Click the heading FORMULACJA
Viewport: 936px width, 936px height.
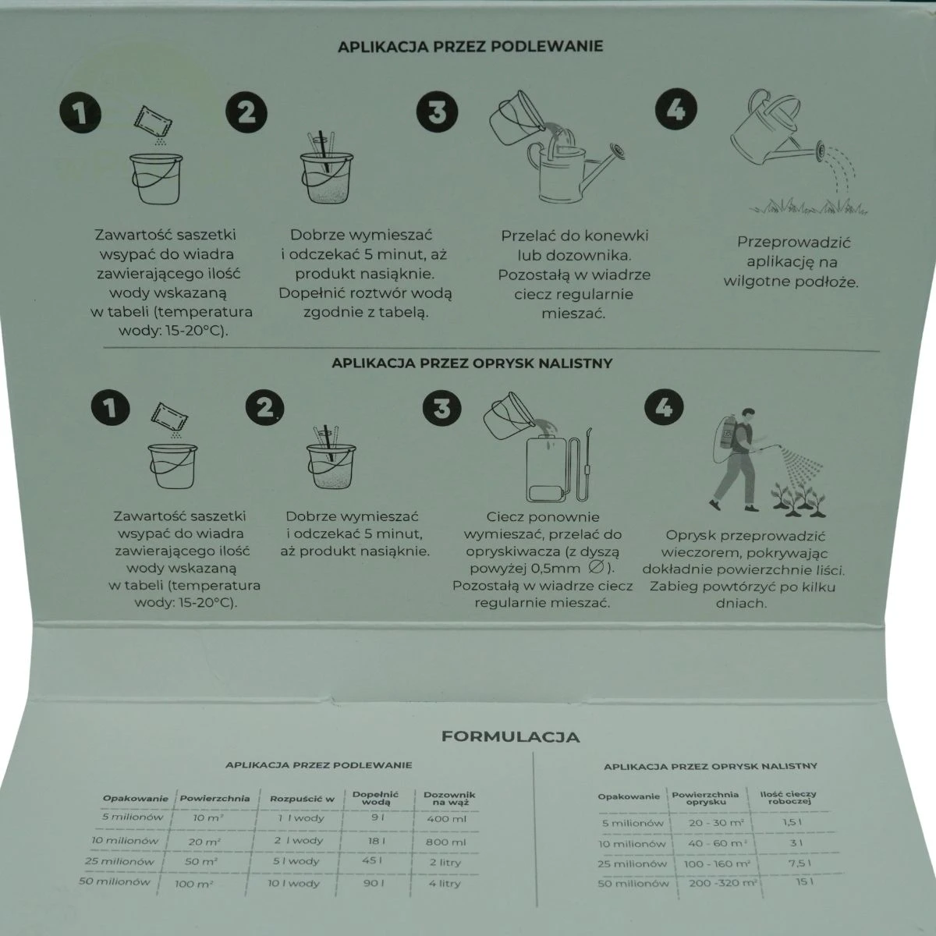510,737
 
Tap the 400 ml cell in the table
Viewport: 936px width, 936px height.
446,819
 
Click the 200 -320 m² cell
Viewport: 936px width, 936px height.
723,882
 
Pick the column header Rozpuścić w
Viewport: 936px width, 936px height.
302,799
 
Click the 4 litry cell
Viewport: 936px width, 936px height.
445,883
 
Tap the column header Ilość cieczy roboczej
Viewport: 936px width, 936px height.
788,797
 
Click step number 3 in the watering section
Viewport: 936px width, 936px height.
437,112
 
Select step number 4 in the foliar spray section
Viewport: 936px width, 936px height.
664,406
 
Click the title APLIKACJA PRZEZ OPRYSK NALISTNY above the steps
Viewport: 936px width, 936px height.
472,363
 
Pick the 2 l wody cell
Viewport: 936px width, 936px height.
298,840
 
